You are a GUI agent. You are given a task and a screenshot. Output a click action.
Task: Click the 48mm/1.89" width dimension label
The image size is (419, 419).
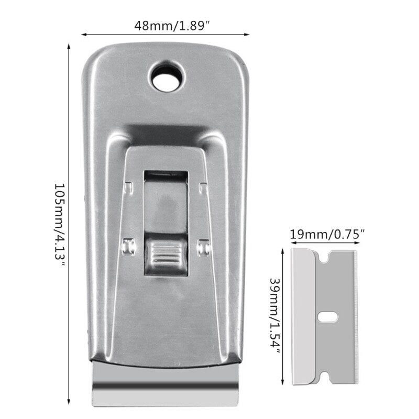[172, 26]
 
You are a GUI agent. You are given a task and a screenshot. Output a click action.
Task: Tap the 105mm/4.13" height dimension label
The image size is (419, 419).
[60, 225]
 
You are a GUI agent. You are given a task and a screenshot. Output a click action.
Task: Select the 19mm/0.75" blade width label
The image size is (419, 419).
[327, 234]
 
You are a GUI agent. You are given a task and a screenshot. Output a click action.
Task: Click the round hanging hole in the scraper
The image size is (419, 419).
[167, 76]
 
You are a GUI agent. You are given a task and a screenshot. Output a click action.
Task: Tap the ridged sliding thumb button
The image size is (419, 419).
[166, 255]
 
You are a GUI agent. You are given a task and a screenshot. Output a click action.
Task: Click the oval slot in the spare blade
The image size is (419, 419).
[328, 317]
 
